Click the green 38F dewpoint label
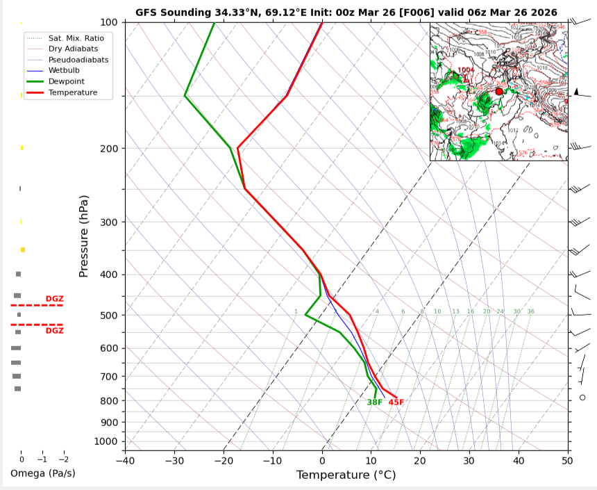[375, 402]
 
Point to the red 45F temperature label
[396, 402]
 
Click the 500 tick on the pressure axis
[111, 316]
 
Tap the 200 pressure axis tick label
[111, 149]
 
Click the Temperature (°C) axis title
[346, 475]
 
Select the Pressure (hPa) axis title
[84, 236]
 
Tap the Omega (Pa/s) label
[42, 473]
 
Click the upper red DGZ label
[54, 299]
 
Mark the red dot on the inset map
[499, 91]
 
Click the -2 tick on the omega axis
[63, 459]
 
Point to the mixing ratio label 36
[530, 311]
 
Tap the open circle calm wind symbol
[582, 398]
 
